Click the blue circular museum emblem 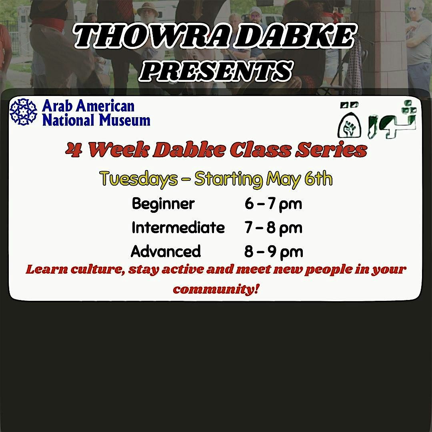click(x=23, y=112)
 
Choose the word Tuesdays click(x=138, y=179)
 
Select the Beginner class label click(x=163, y=204)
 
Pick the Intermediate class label click(x=178, y=228)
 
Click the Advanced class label click(x=166, y=252)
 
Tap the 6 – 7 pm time click(x=273, y=204)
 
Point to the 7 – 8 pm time click(x=273, y=228)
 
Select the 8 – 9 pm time click(x=273, y=252)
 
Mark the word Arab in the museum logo click(x=58, y=106)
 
